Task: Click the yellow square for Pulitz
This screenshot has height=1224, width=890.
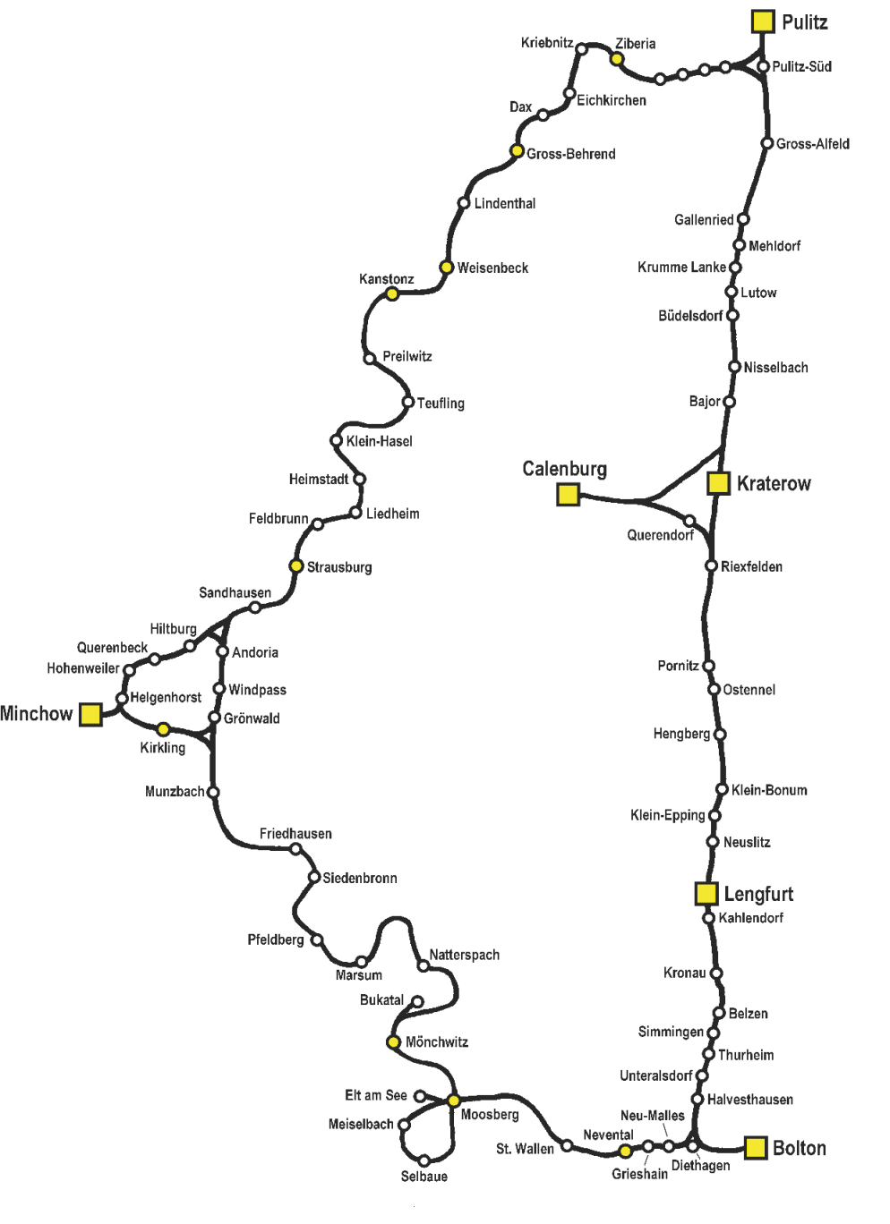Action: point(762,21)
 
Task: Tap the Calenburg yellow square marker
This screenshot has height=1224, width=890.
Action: point(568,494)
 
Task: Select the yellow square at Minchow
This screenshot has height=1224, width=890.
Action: point(90,714)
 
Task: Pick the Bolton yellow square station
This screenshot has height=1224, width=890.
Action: point(757,1148)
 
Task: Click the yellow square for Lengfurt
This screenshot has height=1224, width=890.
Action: point(706,893)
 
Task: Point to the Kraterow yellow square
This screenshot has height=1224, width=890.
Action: point(718,483)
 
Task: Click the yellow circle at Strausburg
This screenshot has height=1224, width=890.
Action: point(296,565)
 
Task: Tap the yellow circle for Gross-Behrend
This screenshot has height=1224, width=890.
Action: point(517,151)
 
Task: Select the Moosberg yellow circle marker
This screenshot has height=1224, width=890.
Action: point(453,1100)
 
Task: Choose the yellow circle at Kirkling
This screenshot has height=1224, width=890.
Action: point(163,729)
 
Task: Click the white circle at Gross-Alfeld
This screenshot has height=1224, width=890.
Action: point(767,143)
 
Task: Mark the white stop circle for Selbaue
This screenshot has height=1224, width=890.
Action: point(424,1160)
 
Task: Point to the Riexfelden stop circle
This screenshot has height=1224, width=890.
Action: point(711,565)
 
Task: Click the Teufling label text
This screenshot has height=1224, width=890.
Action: point(441,404)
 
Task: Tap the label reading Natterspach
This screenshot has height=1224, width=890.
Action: point(464,955)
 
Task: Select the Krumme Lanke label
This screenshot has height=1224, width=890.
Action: point(681,268)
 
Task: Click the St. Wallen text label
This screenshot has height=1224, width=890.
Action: point(525,1149)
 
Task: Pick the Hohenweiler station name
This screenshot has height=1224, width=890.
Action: point(83,668)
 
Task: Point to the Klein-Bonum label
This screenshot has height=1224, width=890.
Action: point(769,790)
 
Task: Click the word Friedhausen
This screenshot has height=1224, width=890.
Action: point(295,834)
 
